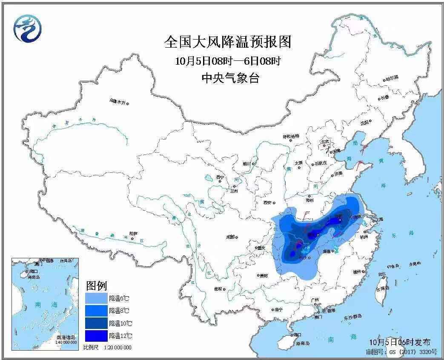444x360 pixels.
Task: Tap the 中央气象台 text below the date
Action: pos(230,78)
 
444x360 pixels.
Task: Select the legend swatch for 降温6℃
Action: pos(96,298)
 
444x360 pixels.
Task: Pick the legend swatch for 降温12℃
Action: pos(96,336)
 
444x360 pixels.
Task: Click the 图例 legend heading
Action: pos(96,285)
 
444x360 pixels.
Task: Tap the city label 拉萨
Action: pos(133,234)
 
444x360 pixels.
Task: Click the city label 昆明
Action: pos(218,289)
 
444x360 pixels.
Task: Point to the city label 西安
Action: pos(267,203)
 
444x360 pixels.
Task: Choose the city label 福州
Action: pos(357,271)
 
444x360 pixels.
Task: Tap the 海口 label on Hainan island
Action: pos(298,335)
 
